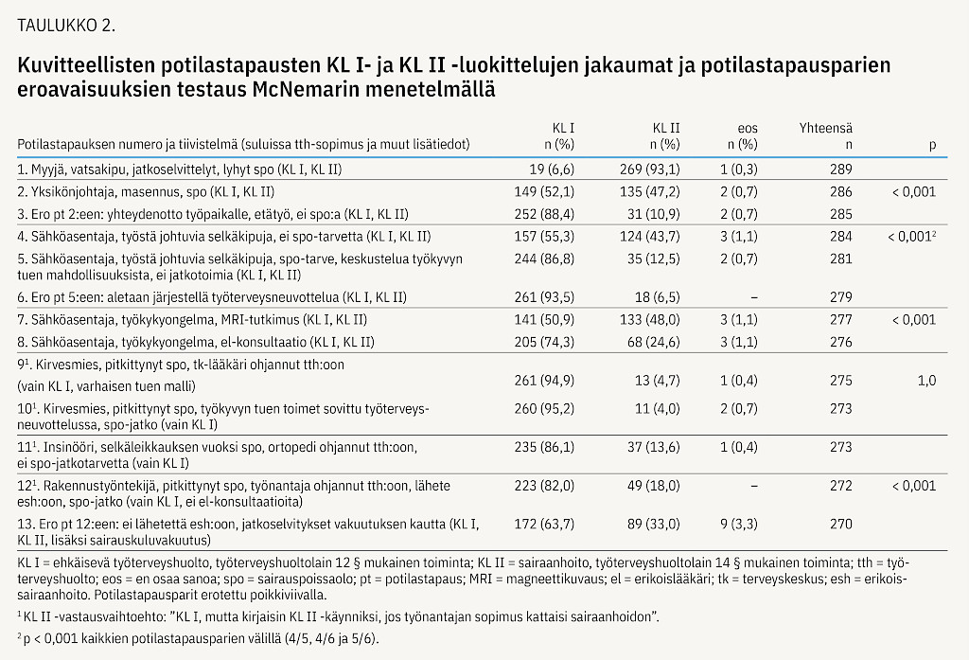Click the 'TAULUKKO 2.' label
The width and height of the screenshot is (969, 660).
(66, 26)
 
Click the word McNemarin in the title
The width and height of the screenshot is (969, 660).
(306, 89)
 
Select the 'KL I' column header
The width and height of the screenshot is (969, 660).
(563, 128)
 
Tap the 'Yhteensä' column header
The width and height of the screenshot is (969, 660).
(825, 128)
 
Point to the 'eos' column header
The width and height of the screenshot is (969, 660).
(748, 129)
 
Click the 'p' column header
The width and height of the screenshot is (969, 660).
(932, 146)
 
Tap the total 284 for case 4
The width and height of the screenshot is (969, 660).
(841, 237)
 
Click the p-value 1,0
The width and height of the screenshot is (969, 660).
(927, 381)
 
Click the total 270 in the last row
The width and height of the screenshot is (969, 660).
(841, 524)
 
